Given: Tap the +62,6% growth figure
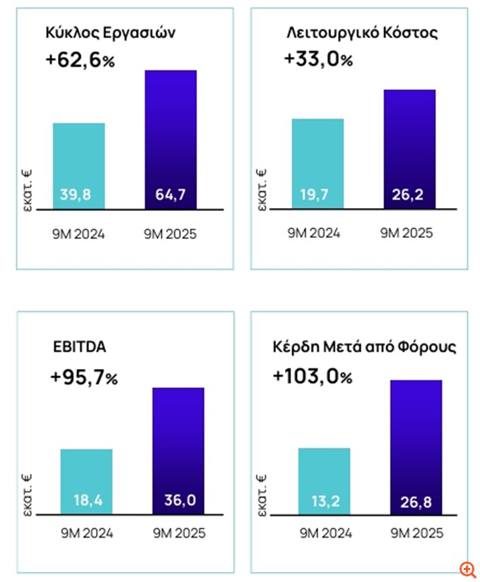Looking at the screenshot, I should click(79, 61).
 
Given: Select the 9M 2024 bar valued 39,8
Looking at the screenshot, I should click(79, 166).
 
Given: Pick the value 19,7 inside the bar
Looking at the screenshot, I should click(318, 195).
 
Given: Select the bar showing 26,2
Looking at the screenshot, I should click(409, 150).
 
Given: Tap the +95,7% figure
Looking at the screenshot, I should click(84, 378).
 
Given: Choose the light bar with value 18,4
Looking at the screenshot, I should click(86, 481).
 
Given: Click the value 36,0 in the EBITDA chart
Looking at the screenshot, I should click(178, 500).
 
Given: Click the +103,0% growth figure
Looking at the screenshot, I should click(312, 377).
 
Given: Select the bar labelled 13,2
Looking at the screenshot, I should click(324, 480).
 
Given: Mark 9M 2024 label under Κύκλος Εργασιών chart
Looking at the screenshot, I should click(79, 234).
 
